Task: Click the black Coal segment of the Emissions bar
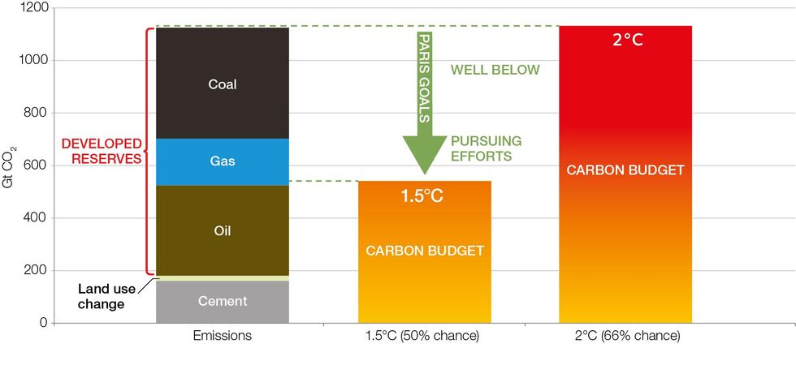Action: [222, 84]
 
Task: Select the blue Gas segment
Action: [222, 161]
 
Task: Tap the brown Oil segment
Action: [222, 230]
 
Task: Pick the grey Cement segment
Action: [222, 302]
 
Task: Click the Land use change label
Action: [102, 296]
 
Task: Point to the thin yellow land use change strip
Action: [222, 277]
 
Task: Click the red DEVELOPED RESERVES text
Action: [102, 151]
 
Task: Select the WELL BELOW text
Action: [495, 69]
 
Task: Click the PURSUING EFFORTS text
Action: [486, 148]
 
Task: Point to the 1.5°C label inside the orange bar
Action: [422, 195]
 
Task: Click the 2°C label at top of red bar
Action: [627, 39]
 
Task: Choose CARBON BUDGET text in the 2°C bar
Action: [625, 170]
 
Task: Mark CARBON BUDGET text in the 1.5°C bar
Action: [424, 251]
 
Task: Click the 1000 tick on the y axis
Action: [32, 60]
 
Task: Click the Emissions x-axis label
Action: [222, 335]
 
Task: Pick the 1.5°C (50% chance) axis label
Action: [423, 335]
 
